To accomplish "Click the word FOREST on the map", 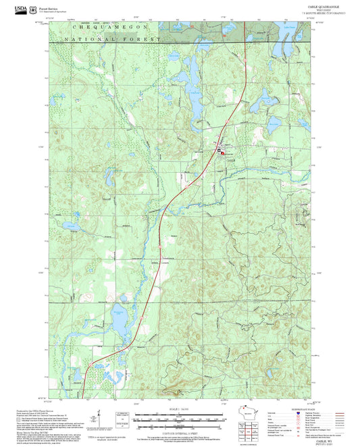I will [148, 40].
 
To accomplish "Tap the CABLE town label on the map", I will [231, 159].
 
